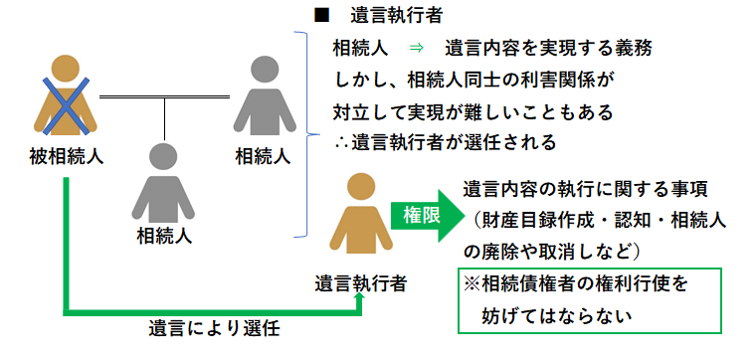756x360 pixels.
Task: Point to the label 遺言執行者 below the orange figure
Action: [360, 281]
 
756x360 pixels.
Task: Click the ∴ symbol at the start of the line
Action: [340, 140]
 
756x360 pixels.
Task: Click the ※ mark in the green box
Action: [472, 284]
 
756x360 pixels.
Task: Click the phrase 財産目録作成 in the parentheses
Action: [536, 220]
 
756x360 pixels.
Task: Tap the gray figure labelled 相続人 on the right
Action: [263, 93]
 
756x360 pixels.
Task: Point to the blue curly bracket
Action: [302, 134]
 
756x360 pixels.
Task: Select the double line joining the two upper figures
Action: [164, 97]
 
